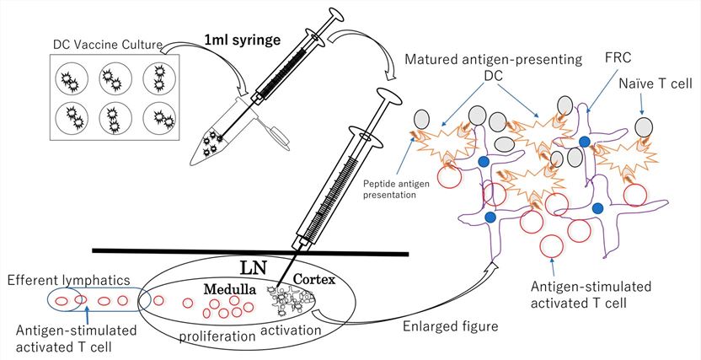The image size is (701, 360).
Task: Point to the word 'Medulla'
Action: [230, 288]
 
